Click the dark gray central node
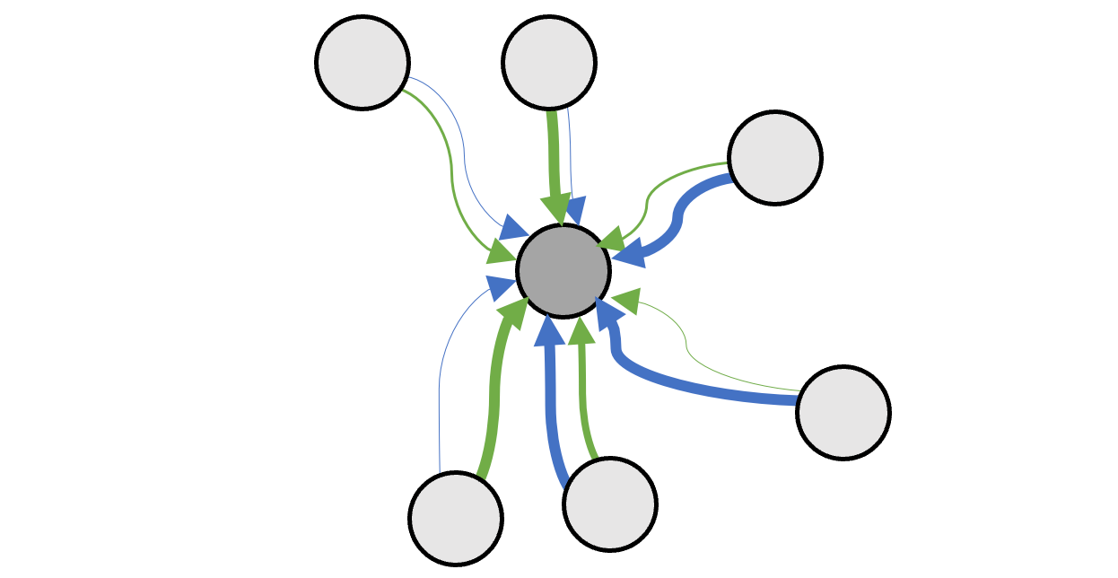[563, 270]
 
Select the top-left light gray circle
[362, 62]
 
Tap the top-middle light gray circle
[549, 62]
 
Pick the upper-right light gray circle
[775, 158]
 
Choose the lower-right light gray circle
[843, 413]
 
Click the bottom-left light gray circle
[456, 518]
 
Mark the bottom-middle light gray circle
[610, 504]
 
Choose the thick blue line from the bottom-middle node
[551, 404]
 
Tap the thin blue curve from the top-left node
[464, 153]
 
